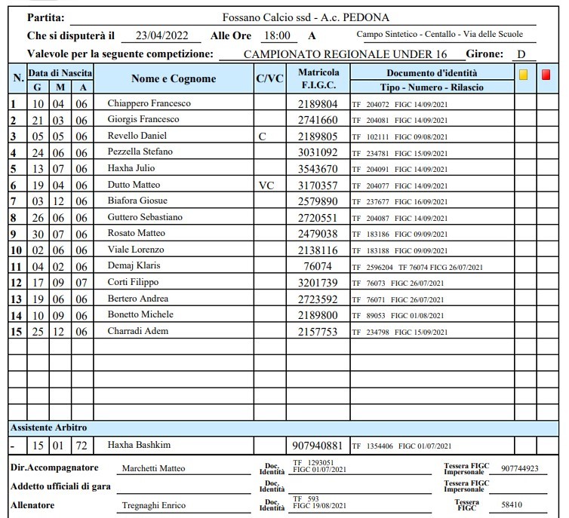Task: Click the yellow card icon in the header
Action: click(x=523, y=75)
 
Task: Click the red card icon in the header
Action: click(x=546, y=75)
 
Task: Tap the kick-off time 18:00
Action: click(x=276, y=35)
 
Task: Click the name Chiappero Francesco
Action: click(x=149, y=103)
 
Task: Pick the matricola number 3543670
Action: click(x=318, y=169)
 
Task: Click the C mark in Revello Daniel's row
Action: click(x=262, y=136)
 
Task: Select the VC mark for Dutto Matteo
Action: click(x=266, y=185)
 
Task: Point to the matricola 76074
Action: click(x=318, y=266)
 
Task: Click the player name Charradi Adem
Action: click(x=137, y=331)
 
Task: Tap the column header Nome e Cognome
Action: click(x=174, y=79)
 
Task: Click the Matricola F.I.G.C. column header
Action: click(x=318, y=79)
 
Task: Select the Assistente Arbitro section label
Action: click(x=48, y=428)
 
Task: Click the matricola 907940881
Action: click(x=318, y=445)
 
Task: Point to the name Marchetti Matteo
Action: click(x=153, y=468)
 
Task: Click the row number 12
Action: click(x=16, y=283)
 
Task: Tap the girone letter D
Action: click(x=521, y=54)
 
